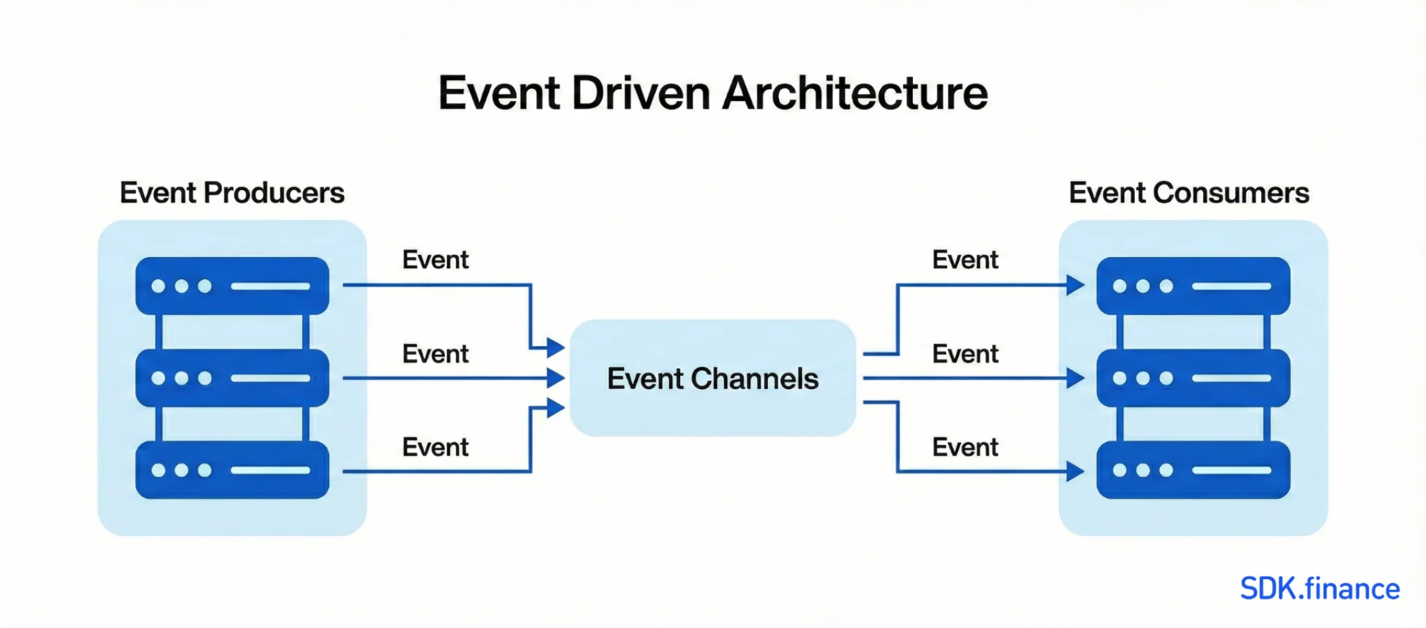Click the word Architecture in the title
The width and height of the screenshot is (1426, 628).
855,93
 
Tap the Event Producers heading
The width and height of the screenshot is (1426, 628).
232,193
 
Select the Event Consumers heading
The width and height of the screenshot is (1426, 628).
1189,193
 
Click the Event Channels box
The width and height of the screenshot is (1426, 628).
712,378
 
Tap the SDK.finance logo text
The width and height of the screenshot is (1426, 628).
1319,589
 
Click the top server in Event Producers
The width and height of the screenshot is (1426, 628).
232,285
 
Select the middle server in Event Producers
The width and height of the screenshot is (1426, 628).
232,378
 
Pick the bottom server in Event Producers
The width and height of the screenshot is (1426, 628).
232,470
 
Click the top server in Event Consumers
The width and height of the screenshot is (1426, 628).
1193,285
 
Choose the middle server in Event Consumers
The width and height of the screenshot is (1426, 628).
1193,378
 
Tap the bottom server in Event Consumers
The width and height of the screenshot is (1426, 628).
1193,470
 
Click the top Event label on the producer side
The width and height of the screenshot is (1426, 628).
435,260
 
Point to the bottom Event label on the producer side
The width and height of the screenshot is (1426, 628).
435,447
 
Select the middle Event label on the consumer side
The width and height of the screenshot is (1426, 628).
965,354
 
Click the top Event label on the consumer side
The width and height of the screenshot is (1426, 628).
965,260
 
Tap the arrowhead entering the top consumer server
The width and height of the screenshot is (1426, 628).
1076,285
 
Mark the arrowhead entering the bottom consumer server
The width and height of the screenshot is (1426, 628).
1076,471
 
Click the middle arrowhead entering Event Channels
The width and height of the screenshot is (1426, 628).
556,378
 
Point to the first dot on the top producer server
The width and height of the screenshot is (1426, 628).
158,286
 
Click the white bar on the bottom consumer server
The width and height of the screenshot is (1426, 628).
1231,470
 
